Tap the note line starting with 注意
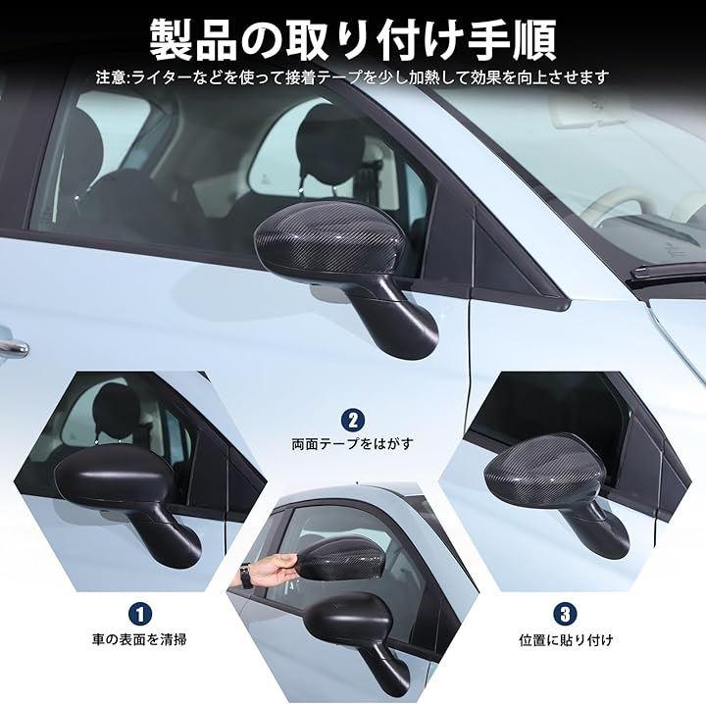coord(353,77)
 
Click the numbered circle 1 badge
coord(140,614)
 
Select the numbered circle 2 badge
coord(353,421)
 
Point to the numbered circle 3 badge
coord(565,614)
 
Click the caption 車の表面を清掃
coord(139,639)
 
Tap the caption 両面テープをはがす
coord(353,444)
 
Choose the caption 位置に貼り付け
coord(566,639)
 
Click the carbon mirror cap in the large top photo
coord(331,241)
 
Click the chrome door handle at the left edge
coord(13,346)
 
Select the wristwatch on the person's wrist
coord(245,576)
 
